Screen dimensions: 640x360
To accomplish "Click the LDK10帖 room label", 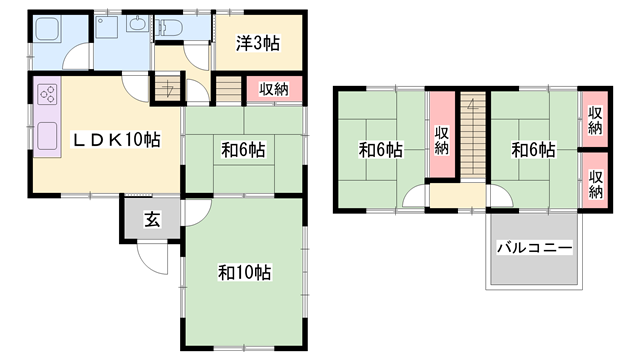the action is click(116, 140).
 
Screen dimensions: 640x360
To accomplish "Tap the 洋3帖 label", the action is click(258, 43).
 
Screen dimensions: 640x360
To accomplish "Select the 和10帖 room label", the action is click(244, 272).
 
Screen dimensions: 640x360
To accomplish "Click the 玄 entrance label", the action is click(152, 220).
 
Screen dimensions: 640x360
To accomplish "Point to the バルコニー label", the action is click(534, 248).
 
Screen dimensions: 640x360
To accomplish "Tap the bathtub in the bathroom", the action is click(47, 28).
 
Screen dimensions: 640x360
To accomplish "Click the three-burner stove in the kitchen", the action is click(47, 94).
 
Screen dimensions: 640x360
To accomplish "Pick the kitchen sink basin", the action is click(47, 136).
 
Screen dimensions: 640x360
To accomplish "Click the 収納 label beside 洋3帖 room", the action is click(274, 89).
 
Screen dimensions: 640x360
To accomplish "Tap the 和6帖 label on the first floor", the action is click(243, 150).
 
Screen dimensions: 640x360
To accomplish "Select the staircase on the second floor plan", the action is click(473, 134).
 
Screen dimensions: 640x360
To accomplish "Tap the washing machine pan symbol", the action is click(106, 27).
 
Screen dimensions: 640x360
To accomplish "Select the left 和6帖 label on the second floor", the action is click(380, 150).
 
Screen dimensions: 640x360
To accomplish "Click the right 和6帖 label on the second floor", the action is click(533, 150).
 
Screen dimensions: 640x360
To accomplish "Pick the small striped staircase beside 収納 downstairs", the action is click(229, 90).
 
